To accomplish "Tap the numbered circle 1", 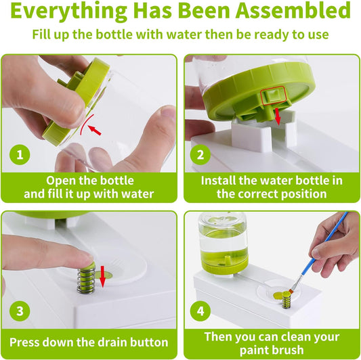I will tap(20, 154).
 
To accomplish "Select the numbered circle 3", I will tap(20, 311).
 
